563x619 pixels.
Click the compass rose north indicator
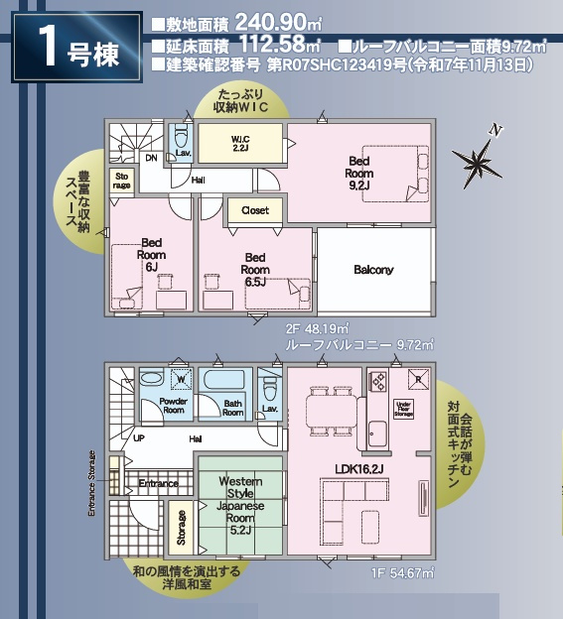coord(475,160)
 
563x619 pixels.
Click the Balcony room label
coord(373,270)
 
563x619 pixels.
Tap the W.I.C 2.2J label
coord(239,143)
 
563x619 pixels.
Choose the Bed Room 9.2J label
coord(358,172)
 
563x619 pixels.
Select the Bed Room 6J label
coord(151,254)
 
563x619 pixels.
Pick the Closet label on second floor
coord(255,210)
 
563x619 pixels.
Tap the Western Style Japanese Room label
coord(240,505)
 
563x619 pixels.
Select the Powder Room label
coord(160,406)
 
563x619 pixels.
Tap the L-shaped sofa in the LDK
coord(344,505)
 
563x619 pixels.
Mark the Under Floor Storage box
coord(402,408)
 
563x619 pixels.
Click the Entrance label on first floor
coord(158,483)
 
